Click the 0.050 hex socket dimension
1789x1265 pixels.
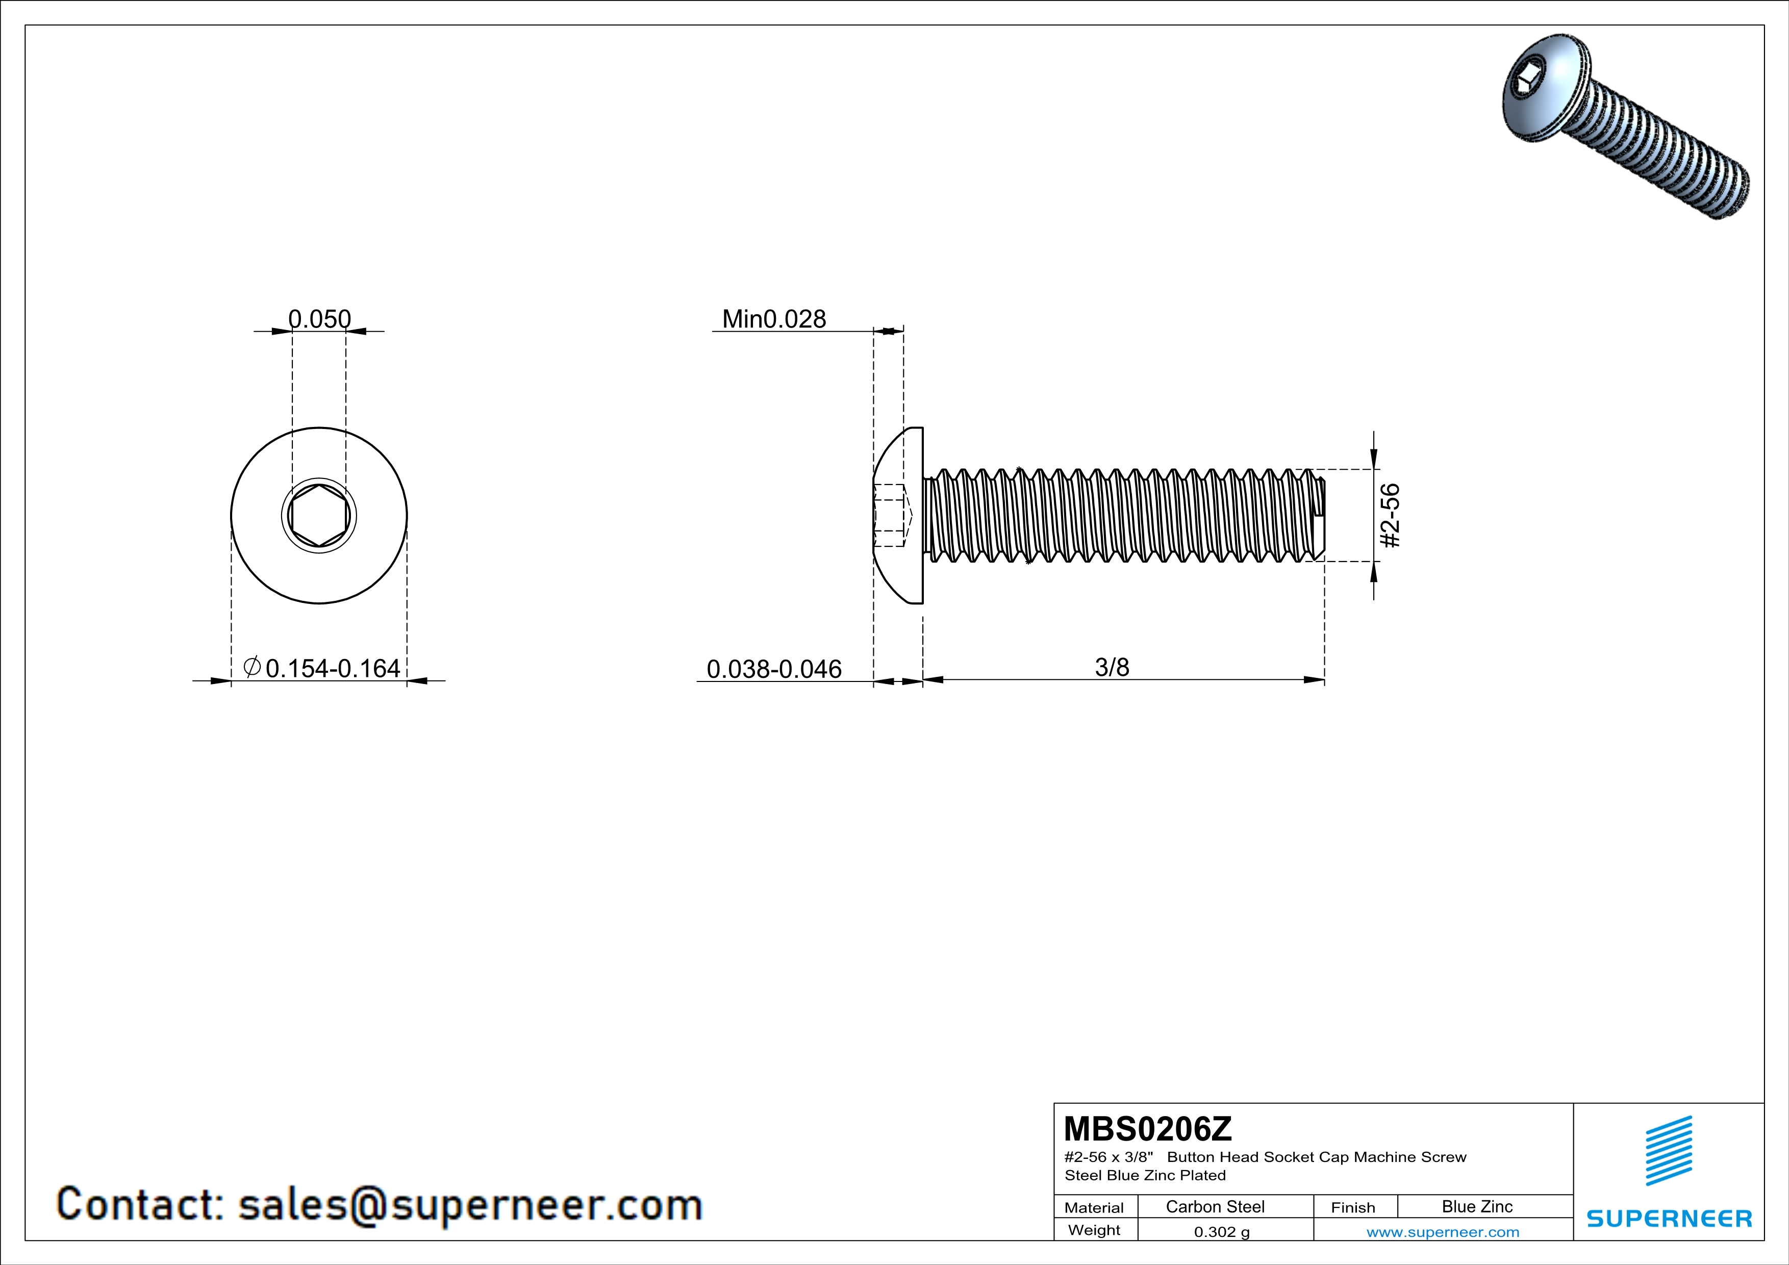tap(319, 319)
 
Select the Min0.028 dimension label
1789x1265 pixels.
tap(774, 319)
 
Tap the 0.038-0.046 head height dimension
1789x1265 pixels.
tap(774, 669)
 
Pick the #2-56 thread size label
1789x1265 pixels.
tap(1390, 516)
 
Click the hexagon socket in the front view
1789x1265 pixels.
tap(319, 515)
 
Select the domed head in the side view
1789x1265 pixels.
tap(898, 516)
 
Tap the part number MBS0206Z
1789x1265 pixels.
tap(1148, 1129)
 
